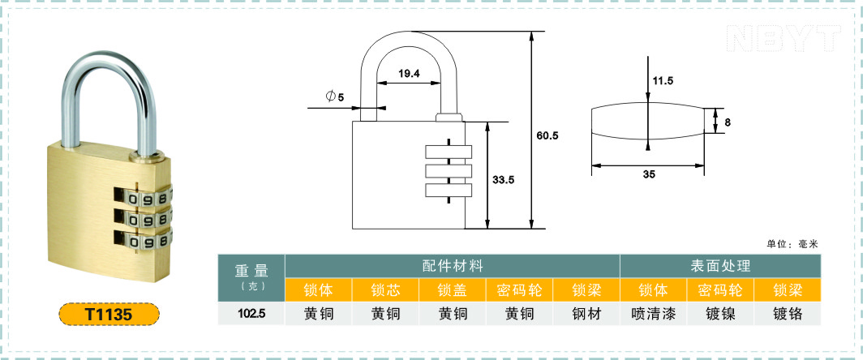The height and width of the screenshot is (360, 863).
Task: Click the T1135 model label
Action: click(x=109, y=315)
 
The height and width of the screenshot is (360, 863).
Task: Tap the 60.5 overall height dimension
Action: click(x=547, y=135)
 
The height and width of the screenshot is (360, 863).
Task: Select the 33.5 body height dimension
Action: click(x=503, y=179)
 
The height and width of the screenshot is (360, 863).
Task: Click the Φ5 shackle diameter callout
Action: click(x=335, y=96)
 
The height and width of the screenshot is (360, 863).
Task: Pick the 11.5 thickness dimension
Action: click(x=663, y=80)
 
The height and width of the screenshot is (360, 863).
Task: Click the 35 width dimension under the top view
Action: click(x=649, y=174)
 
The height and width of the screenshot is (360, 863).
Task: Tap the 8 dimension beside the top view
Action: click(x=728, y=122)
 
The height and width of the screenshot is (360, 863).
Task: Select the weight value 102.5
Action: click(x=251, y=315)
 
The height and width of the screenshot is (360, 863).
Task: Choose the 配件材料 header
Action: click(x=453, y=266)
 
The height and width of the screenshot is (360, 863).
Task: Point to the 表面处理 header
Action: click(x=720, y=266)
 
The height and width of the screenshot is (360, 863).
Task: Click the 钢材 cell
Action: click(x=586, y=314)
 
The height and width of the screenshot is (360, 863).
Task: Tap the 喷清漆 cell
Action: click(x=653, y=314)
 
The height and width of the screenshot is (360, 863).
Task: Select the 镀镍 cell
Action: click(x=720, y=314)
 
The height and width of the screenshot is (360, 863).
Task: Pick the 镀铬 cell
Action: click(x=788, y=314)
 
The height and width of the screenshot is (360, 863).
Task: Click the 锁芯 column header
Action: click(x=386, y=289)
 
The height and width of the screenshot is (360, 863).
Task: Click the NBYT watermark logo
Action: click(x=784, y=39)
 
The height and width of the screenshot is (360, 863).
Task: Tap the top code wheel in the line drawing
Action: click(x=449, y=152)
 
